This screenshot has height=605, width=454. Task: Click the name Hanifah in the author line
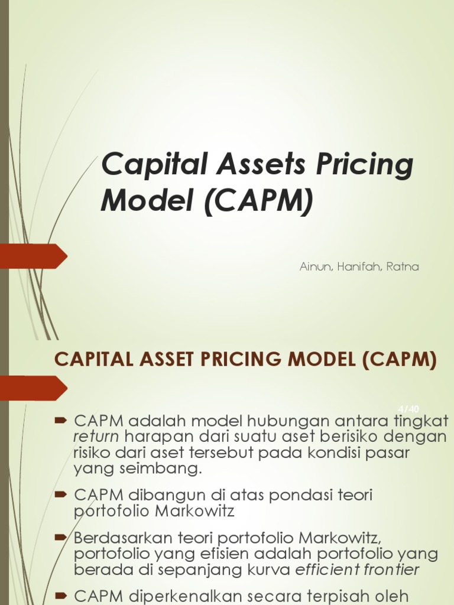[x=356, y=266]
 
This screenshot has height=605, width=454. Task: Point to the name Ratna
[x=403, y=266]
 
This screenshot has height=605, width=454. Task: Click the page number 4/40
[x=408, y=409]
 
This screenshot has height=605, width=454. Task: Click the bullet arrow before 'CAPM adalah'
[x=61, y=421]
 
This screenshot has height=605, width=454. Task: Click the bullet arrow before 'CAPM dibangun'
[x=61, y=494]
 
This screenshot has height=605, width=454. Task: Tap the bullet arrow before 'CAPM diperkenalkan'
[x=61, y=595]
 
